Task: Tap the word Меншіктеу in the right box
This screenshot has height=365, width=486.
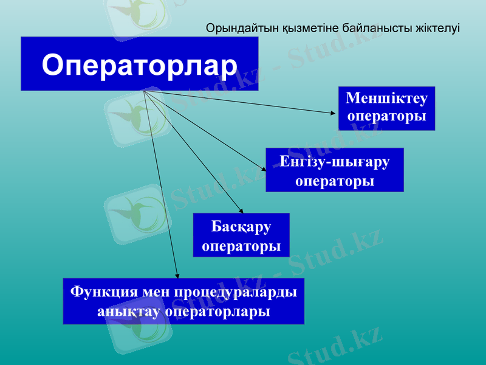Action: tap(386, 99)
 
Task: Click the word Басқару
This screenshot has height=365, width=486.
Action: tap(241, 227)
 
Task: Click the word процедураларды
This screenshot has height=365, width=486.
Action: tap(236, 292)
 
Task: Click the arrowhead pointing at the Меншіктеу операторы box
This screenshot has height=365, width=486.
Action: tap(332, 113)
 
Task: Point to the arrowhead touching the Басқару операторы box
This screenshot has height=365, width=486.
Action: tap(241, 210)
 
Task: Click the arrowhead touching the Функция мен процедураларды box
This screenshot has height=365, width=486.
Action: tap(177, 276)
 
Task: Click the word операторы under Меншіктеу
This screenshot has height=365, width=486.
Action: tap(386, 117)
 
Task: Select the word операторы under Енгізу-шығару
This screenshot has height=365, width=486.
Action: tap(335, 181)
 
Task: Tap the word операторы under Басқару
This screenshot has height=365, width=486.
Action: tap(241, 246)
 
